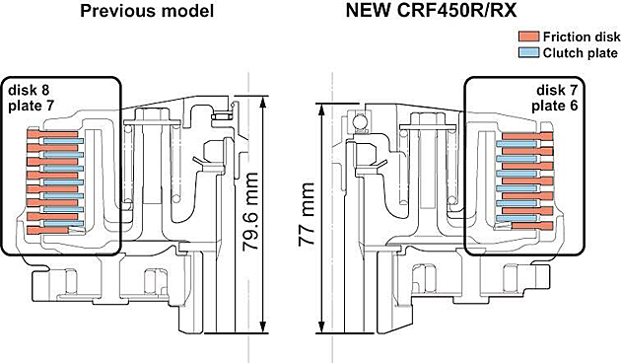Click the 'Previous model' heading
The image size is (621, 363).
[x=147, y=11]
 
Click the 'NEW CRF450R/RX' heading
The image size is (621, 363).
[x=432, y=11]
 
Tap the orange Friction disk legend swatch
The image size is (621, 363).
[x=528, y=36]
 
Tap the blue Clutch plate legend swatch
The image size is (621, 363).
[x=528, y=52]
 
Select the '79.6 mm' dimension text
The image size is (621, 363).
[x=250, y=211]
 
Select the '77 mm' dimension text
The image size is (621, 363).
[x=307, y=215]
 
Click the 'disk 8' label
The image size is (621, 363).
[x=29, y=90]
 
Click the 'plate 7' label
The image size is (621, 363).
[x=31, y=106]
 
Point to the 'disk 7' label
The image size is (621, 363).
[x=557, y=90]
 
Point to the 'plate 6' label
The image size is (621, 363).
[x=554, y=106]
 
